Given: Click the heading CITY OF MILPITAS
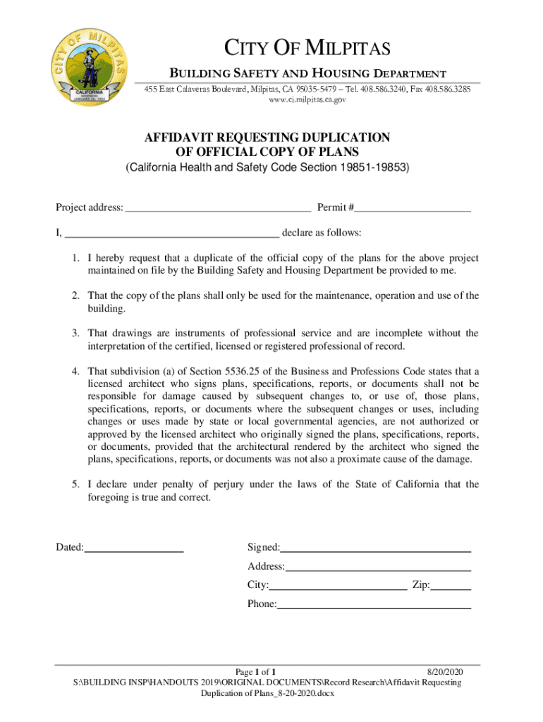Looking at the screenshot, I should click(307, 49).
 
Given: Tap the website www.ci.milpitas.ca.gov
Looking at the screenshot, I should click(307, 100).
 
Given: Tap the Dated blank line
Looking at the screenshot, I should click(134, 548).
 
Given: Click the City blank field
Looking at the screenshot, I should click(338, 586).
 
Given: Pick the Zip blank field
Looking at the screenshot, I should click(451, 586).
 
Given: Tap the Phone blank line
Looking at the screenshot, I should click(374, 605).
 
